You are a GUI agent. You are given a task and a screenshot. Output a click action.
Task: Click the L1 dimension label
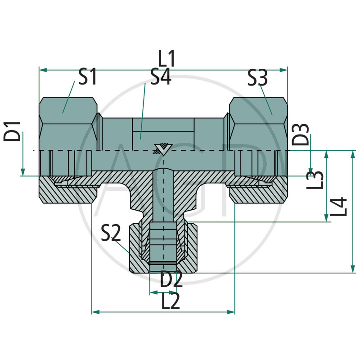coord(166,59)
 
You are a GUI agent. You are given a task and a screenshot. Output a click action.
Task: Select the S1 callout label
coord(88,77)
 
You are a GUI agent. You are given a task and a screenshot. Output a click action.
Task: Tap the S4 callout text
coord(160,77)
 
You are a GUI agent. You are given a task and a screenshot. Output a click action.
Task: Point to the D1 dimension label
coord(13,131)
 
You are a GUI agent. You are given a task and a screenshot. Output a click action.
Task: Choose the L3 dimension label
coord(315,179)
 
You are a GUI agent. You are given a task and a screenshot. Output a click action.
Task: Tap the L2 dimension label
coord(171,301)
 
